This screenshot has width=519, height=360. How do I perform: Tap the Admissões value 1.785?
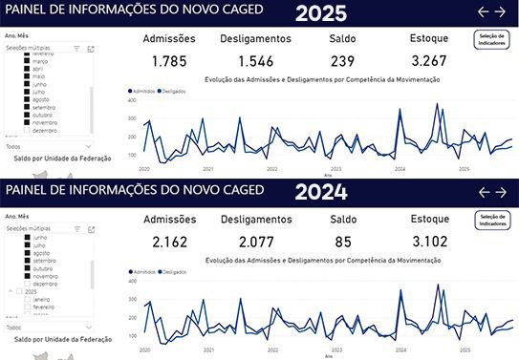(x=168, y=60)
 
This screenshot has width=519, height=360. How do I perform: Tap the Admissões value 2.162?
(x=168, y=242)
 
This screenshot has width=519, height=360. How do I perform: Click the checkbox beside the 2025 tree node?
(x=18, y=291)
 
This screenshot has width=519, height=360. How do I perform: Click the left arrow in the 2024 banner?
(x=483, y=192)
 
